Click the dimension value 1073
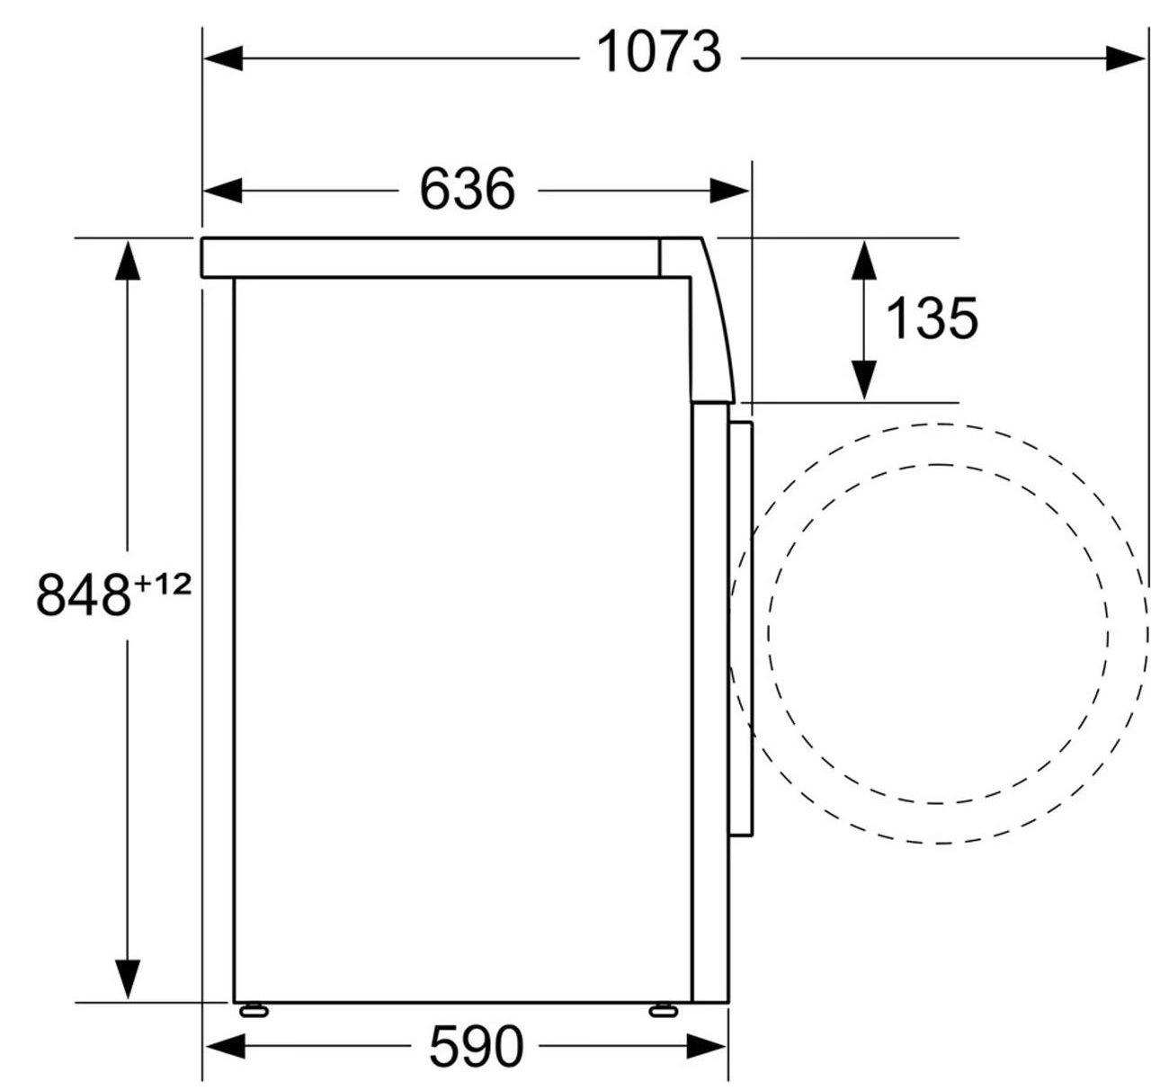click(x=659, y=53)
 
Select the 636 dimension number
click(x=468, y=189)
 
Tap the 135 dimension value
click(x=932, y=318)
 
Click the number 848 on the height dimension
click(x=83, y=596)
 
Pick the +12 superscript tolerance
click(x=164, y=585)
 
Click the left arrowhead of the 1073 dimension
click(x=223, y=58)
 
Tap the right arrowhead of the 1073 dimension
click(x=1125, y=58)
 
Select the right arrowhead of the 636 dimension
click(x=729, y=191)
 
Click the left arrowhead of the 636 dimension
click(x=223, y=191)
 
